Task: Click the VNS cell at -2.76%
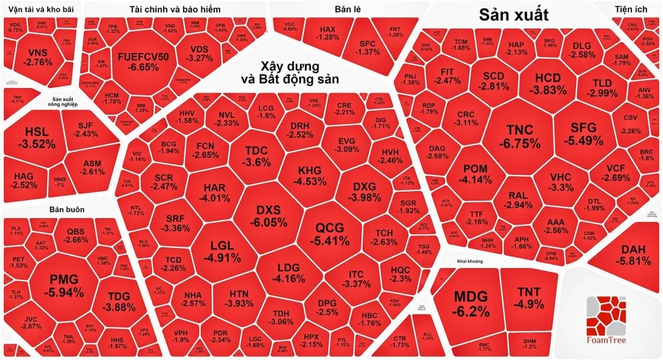coord(37,56)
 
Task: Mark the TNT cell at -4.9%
coord(528,298)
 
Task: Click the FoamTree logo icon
coord(607,316)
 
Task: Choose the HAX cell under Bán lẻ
coord(328,33)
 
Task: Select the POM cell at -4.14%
coord(475,174)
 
